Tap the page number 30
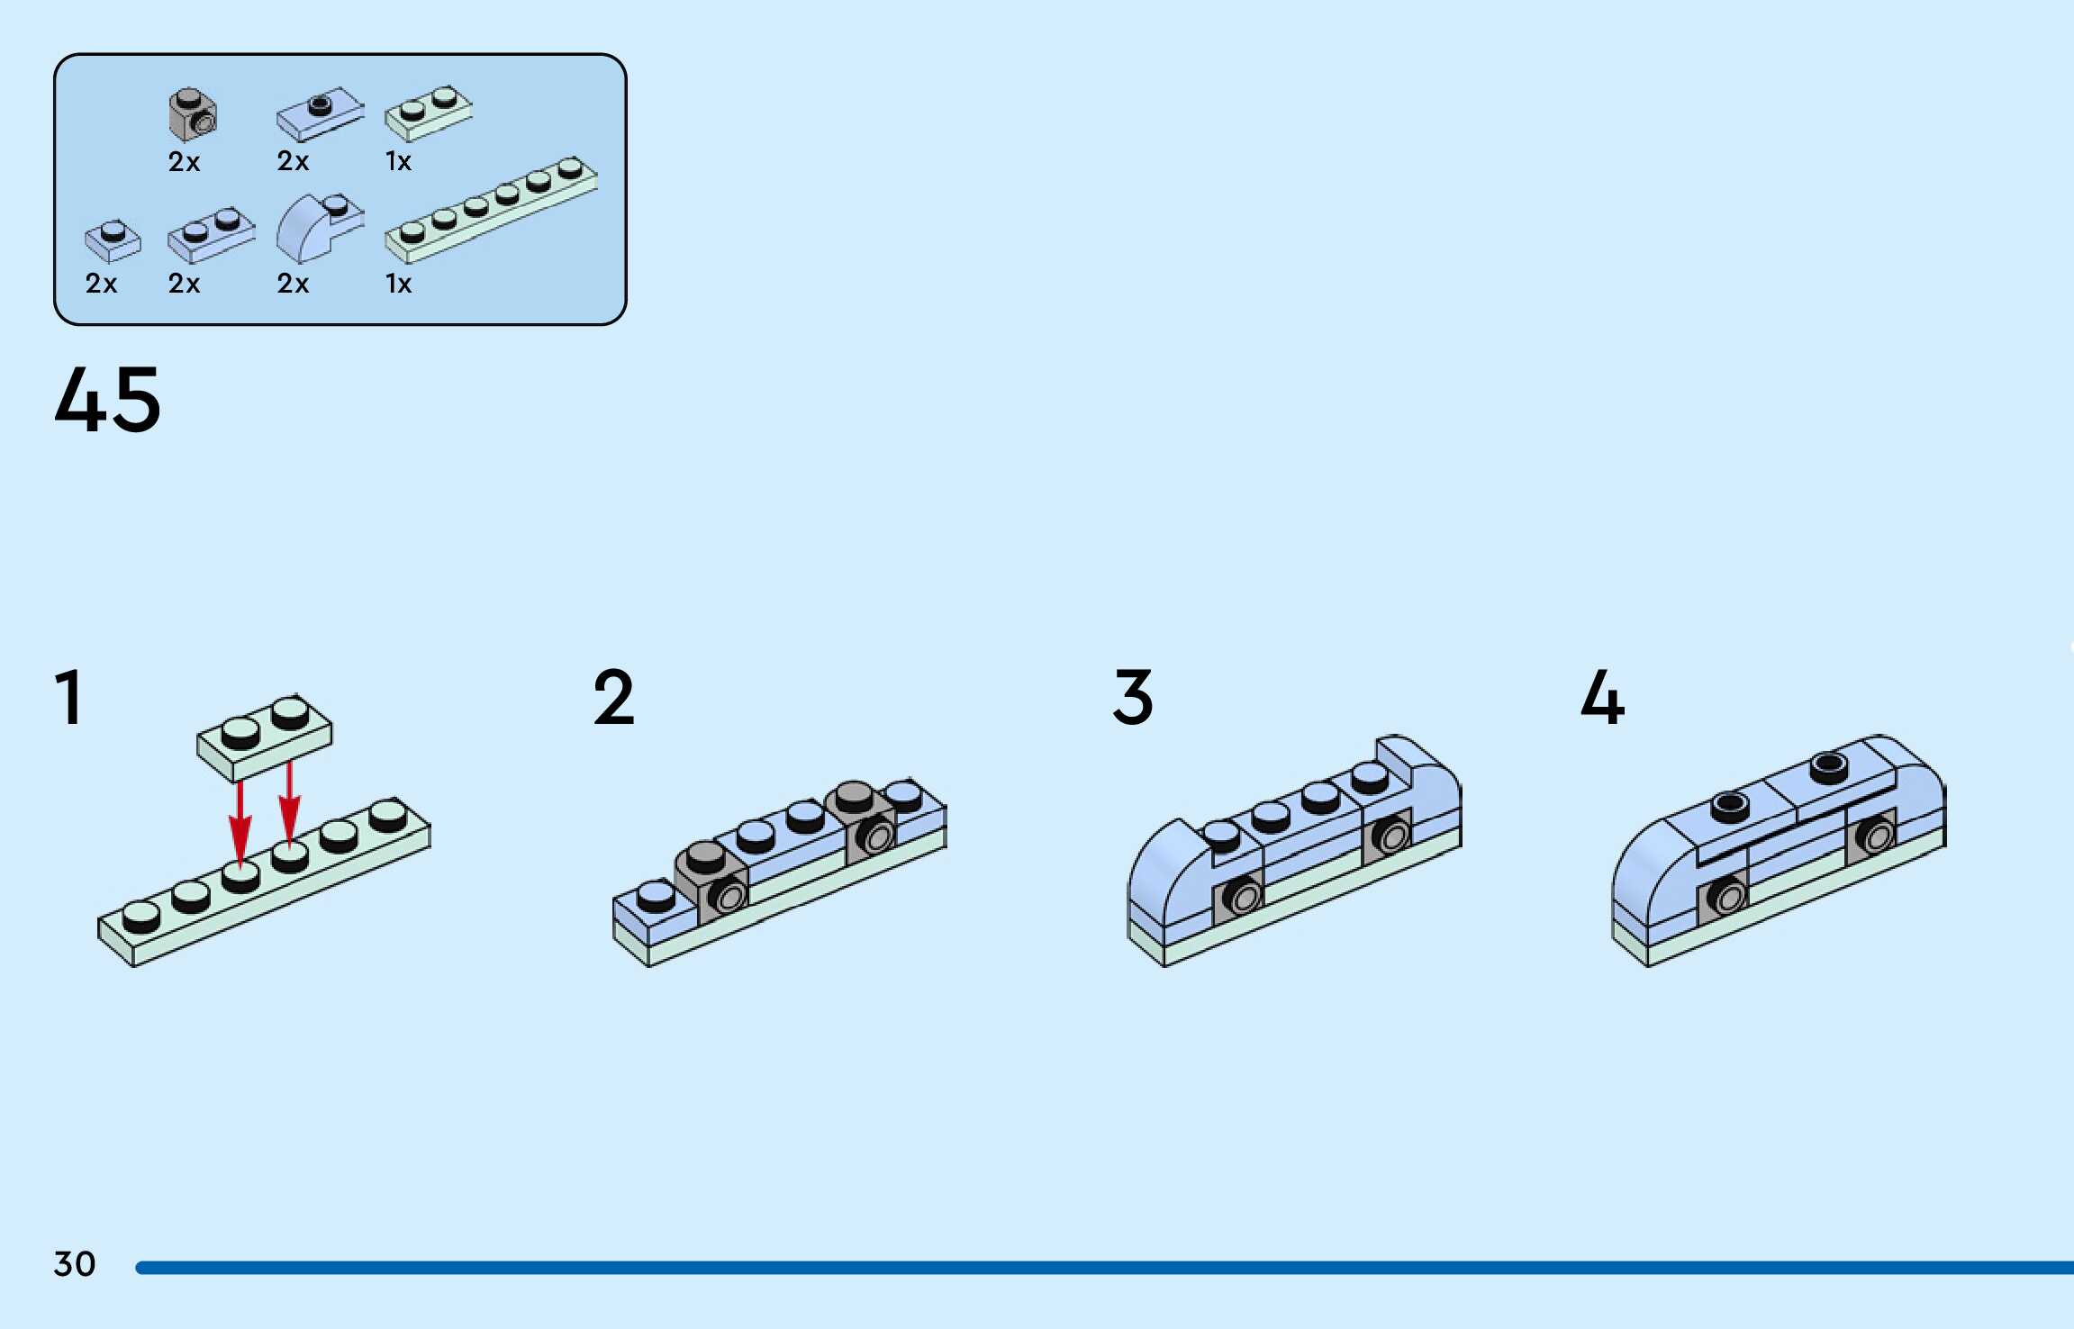pos(75,1263)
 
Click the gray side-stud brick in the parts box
pos(193,114)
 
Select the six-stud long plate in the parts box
pos(491,209)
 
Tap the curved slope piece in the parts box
pos(318,226)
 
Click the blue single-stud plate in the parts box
pos(113,240)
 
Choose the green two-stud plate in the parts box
pos(428,113)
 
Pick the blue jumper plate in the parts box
pos(320,113)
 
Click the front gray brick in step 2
pos(711,882)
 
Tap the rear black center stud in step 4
pos(1829,766)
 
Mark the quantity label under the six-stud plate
pos(398,284)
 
